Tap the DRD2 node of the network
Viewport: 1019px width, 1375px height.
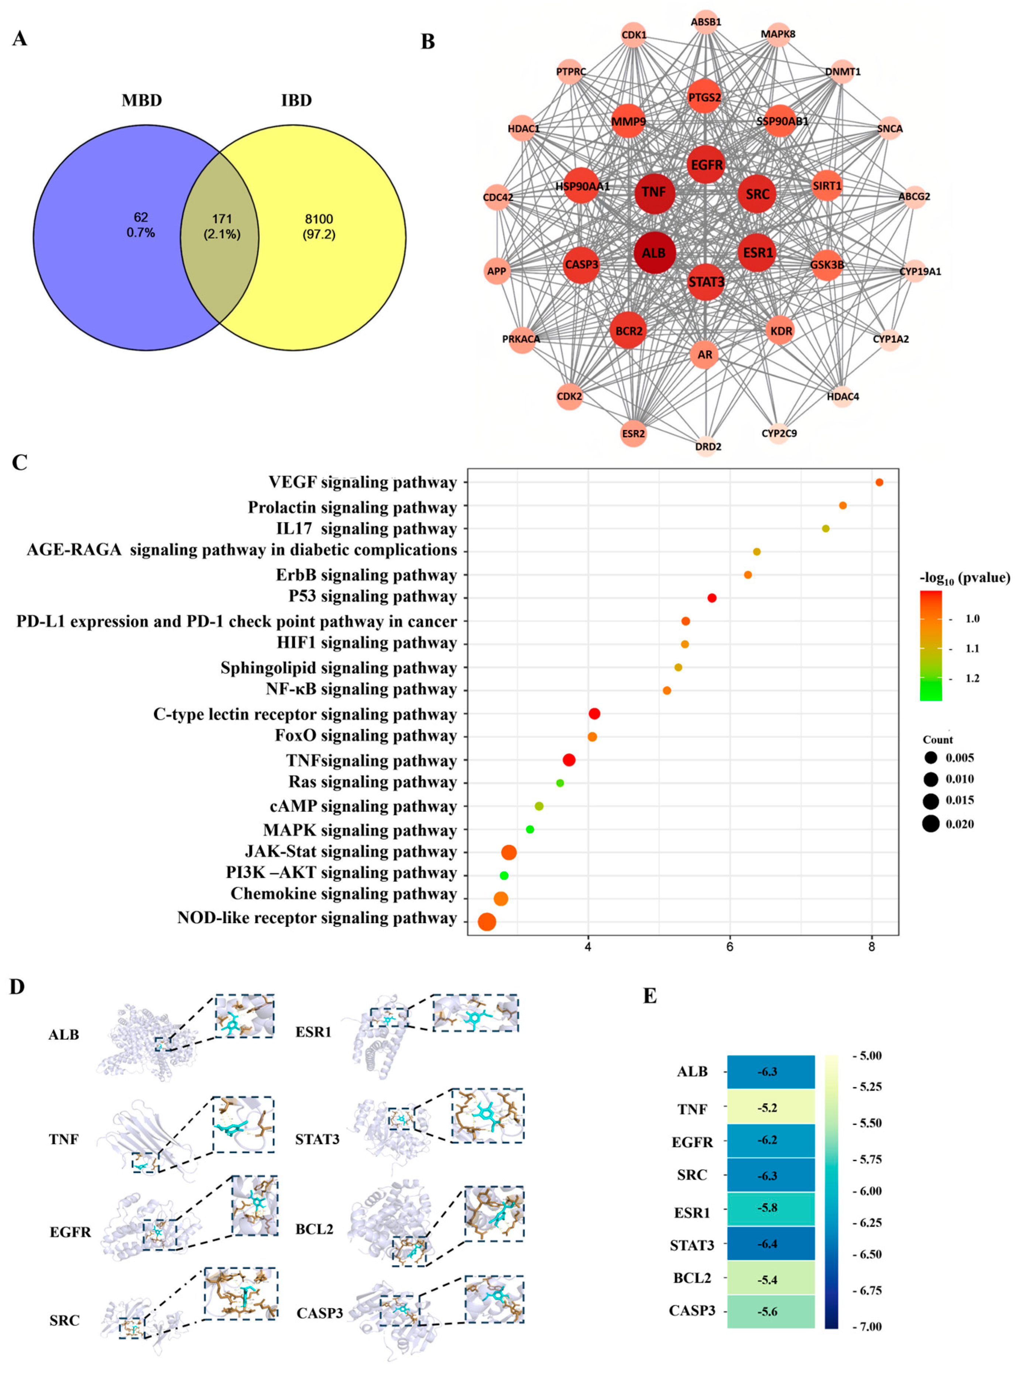(707, 446)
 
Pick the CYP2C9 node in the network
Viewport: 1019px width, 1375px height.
(779, 433)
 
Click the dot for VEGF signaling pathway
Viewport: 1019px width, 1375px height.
(879, 482)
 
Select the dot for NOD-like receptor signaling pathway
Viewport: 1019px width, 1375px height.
(487, 922)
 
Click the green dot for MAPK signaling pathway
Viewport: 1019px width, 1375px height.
(529, 829)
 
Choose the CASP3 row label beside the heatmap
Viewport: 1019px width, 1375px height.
(692, 1311)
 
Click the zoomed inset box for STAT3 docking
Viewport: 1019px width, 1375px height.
(487, 1116)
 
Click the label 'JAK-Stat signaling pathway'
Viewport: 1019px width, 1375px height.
(351, 852)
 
